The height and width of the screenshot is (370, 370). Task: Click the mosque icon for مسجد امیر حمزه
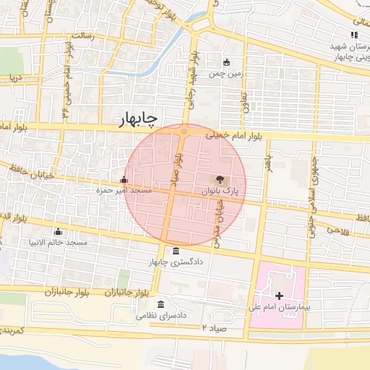tap(124, 180)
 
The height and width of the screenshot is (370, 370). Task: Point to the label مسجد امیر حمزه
tap(124, 191)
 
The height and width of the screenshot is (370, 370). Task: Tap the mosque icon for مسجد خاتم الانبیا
tap(58, 231)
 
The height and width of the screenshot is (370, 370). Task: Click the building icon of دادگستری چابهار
tap(177, 251)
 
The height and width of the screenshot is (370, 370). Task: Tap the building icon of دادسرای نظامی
tap(160, 304)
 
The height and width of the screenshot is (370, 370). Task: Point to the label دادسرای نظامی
tap(168, 316)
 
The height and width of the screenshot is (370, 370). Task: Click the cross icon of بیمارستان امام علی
tap(280, 296)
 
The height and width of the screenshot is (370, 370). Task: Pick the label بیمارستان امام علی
tap(278, 307)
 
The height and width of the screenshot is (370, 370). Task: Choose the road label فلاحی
tap(337, 229)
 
